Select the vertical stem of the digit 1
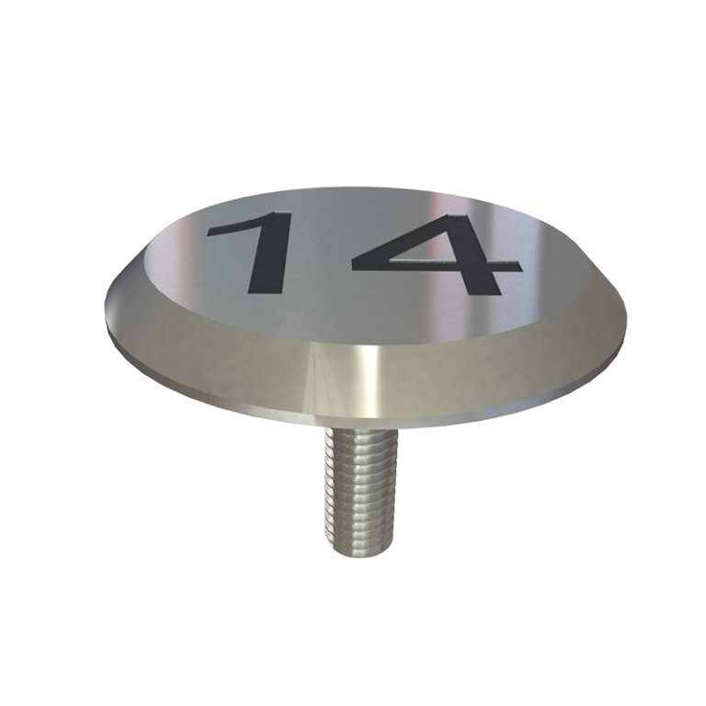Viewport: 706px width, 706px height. (267, 257)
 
